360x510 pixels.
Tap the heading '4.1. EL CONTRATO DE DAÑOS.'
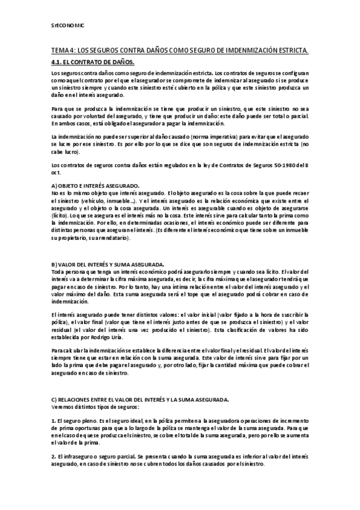point(93,62)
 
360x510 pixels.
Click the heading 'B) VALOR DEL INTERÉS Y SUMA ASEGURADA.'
point(108,265)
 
